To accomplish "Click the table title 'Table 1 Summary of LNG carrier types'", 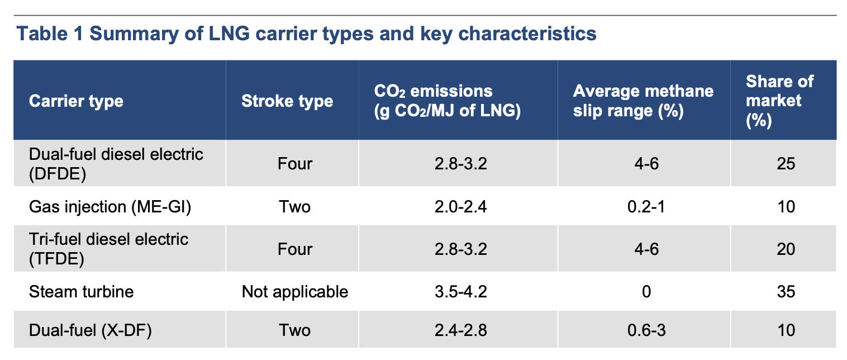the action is point(306,34).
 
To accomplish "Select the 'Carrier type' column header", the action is point(76,101).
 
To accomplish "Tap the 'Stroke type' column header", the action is point(287,101).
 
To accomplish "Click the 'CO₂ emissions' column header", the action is point(448,101).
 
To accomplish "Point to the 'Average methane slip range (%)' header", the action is point(643,101).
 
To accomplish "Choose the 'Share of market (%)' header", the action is point(780,101).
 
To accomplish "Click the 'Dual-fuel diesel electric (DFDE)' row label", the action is point(116,164).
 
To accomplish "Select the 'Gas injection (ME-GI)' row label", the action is point(110,207).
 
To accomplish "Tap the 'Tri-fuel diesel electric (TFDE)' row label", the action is point(108,249).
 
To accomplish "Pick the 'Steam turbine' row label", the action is point(82,292).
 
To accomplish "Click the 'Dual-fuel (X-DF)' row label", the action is point(91,330).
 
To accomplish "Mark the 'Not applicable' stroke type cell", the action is point(295,292).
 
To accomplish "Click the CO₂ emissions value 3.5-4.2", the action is point(460,292).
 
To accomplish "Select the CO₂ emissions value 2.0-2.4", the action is point(460,207).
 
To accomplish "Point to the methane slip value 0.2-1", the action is point(646,207).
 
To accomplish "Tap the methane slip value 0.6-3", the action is point(646,330).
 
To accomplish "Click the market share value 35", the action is point(786,292).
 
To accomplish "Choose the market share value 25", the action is point(786,164).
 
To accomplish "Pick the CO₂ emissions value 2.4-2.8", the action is point(460,330).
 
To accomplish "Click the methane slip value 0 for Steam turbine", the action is point(646,292).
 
